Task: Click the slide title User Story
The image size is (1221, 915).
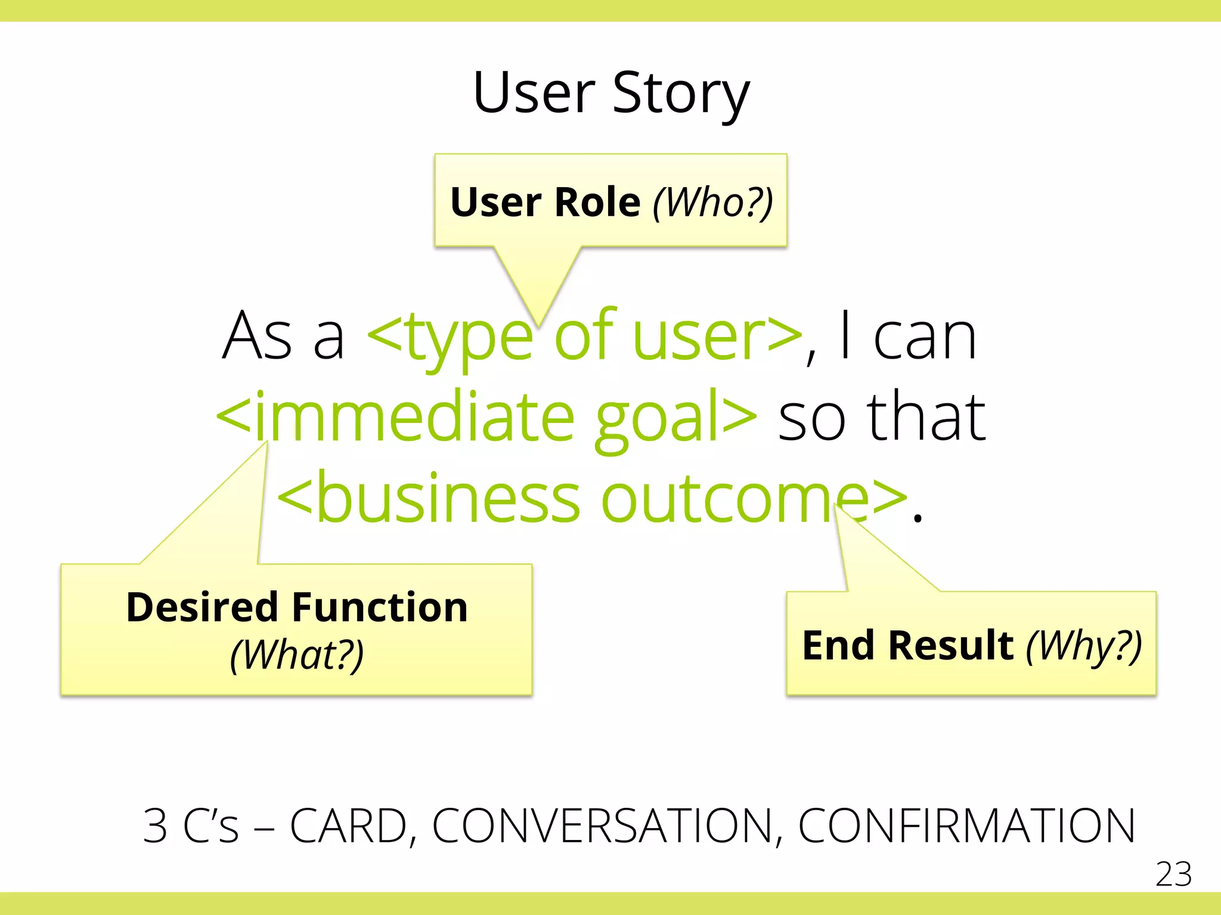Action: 610,93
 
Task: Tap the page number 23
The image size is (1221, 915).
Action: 1173,874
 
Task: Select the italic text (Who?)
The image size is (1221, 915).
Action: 713,203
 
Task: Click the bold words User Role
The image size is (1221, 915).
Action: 545,203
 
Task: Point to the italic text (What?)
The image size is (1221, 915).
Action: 297,655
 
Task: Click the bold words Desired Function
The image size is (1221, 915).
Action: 297,608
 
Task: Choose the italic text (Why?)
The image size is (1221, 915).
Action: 1083,646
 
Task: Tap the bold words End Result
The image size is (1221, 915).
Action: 907,646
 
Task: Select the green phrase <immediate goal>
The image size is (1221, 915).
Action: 486,417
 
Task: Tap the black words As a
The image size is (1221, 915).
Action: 284,337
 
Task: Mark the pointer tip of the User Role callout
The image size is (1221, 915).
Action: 538,325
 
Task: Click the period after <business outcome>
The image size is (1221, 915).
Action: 918,519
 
